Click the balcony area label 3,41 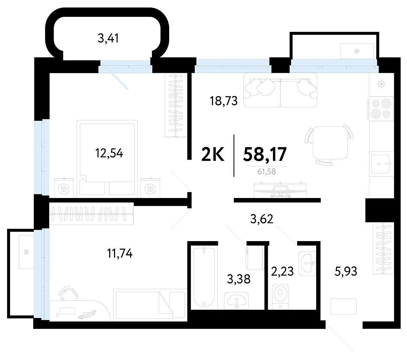tap(108, 38)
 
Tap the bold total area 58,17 tap(265, 154)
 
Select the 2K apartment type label tap(213, 154)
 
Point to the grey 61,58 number tap(267, 172)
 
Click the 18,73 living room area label tap(224, 101)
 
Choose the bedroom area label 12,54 tap(109, 153)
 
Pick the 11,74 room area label tap(120, 253)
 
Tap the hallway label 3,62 tap(262, 219)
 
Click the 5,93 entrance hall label tap(346, 271)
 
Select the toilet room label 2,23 tap(282, 271)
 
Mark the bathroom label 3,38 tap(239, 279)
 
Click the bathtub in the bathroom tap(204, 277)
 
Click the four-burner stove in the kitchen tap(381, 108)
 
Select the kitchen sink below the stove tap(380, 164)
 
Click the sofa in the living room tap(280, 90)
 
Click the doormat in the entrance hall tap(343, 307)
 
